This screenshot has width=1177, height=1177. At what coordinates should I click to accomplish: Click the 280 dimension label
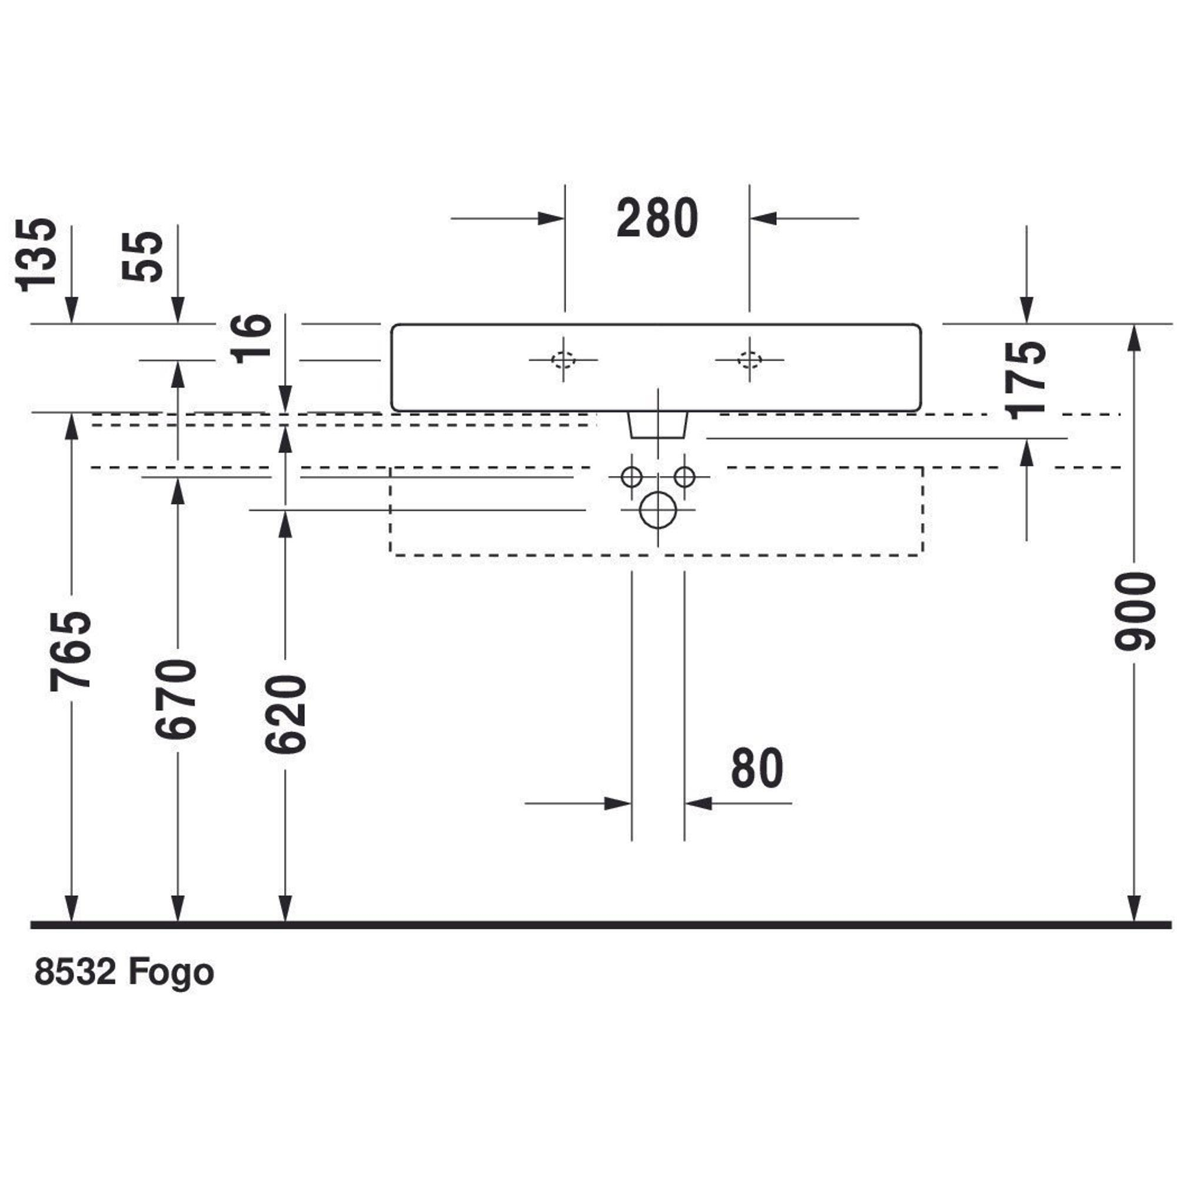pos(657,218)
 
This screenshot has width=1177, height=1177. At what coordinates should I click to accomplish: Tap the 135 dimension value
pos(36,255)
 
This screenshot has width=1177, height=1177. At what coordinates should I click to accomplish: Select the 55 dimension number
pos(142,256)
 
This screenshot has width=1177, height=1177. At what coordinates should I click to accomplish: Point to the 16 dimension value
pos(252,338)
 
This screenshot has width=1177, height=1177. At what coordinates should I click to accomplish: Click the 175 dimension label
pos(1026,380)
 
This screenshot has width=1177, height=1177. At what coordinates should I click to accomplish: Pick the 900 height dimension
pos(1135,611)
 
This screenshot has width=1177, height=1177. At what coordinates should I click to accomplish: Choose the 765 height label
pos(70,650)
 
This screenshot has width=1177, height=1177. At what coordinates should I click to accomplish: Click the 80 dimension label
pos(757,769)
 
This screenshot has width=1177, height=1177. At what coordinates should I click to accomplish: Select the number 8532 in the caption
pos(75,972)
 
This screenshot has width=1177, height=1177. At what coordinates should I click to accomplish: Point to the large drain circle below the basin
pos(658,510)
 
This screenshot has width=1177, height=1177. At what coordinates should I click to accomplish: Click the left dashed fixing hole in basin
pos(564,360)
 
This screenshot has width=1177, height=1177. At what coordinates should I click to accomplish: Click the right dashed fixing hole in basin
pos(749,360)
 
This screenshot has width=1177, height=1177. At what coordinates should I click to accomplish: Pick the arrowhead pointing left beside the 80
pos(698,803)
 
